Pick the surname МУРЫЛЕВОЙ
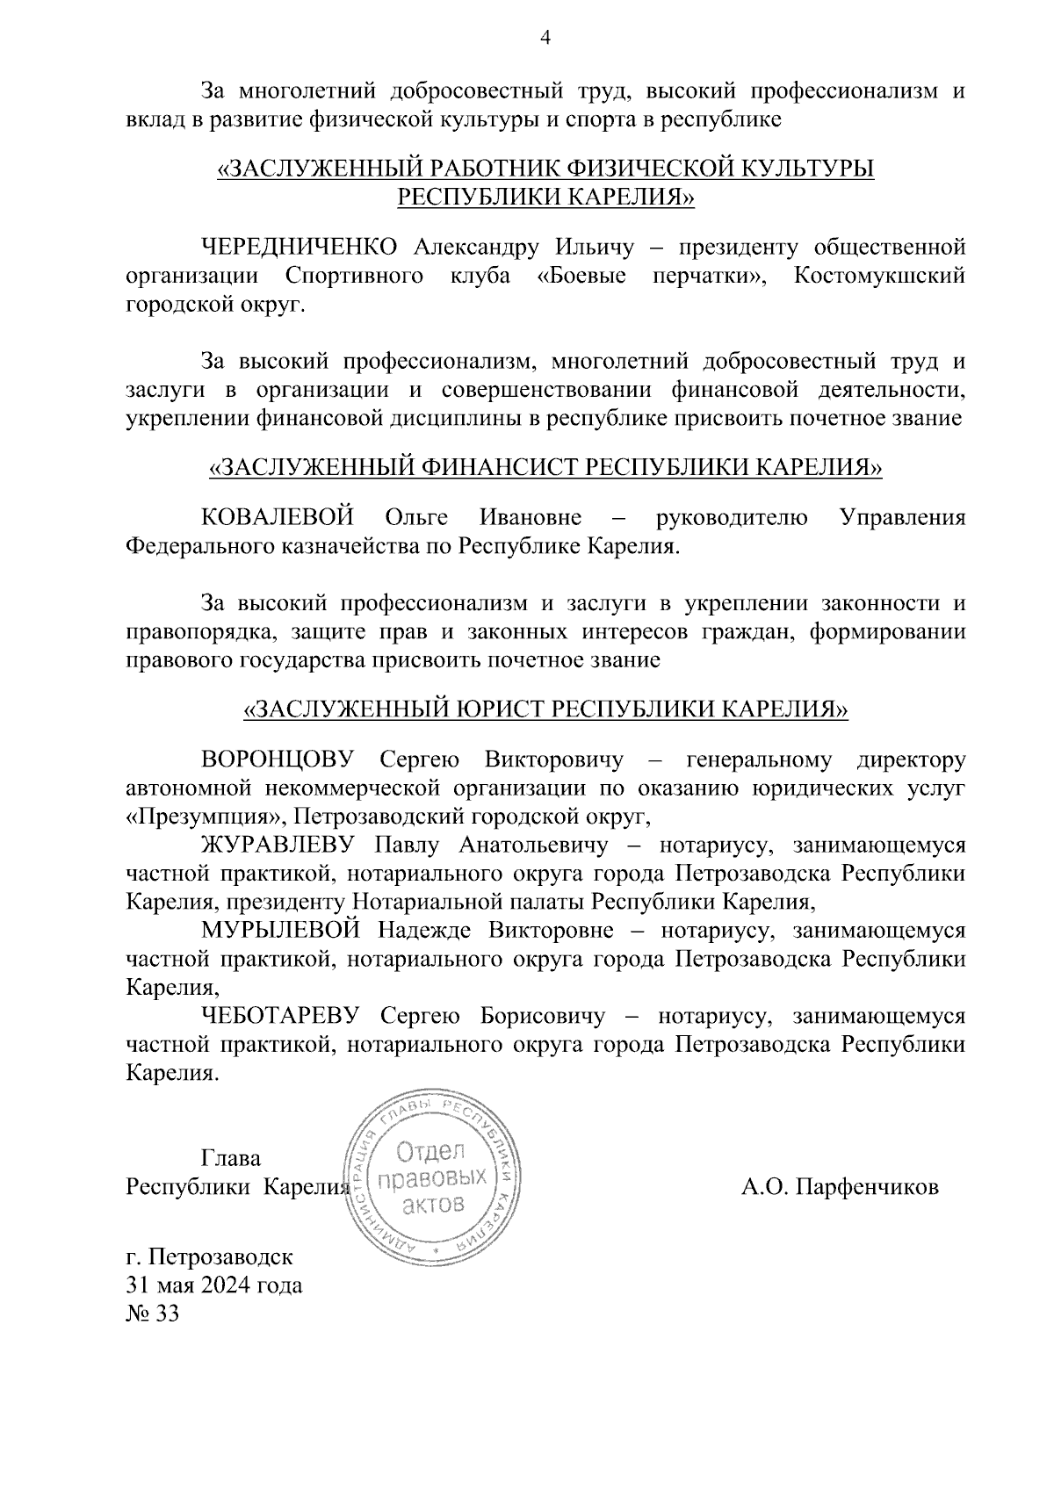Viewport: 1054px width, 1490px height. (x=281, y=931)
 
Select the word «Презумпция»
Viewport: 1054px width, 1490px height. (x=206, y=817)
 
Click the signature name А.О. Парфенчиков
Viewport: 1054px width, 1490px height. (x=840, y=1187)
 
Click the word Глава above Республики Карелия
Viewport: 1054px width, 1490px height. (x=231, y=1158)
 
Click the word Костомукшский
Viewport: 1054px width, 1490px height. (x=879, y=276)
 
